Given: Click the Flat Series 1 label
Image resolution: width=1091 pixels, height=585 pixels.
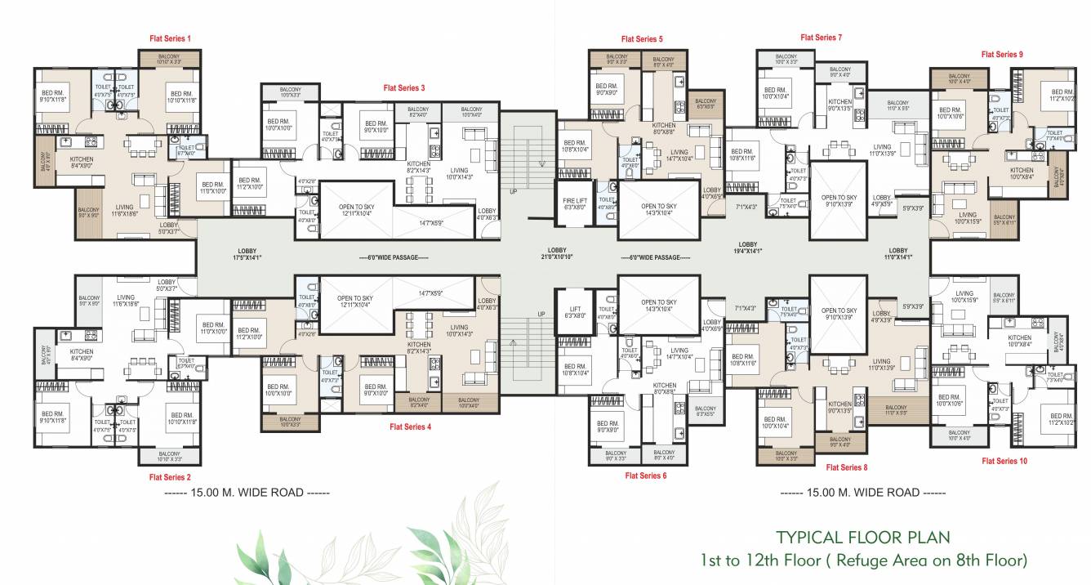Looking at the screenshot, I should [170, 38].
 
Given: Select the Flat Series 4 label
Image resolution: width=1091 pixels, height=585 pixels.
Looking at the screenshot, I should [410, 426].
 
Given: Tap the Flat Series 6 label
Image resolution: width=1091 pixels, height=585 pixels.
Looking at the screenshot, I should [645, 475].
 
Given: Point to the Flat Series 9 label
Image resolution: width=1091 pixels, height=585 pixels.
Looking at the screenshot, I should [1003, 54].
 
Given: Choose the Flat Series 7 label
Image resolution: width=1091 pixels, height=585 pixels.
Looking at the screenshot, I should [822, 38].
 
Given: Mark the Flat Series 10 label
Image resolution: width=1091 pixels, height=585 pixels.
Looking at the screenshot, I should [1005, 461].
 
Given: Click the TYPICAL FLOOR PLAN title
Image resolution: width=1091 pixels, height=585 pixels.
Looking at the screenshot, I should [862, 538].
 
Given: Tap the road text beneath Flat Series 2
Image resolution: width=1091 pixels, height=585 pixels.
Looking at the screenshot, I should [246, 493].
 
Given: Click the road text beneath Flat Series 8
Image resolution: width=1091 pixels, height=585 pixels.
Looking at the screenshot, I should [862, 493].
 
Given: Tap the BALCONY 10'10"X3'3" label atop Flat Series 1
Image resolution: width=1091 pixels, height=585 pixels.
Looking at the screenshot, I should [168, 59].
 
